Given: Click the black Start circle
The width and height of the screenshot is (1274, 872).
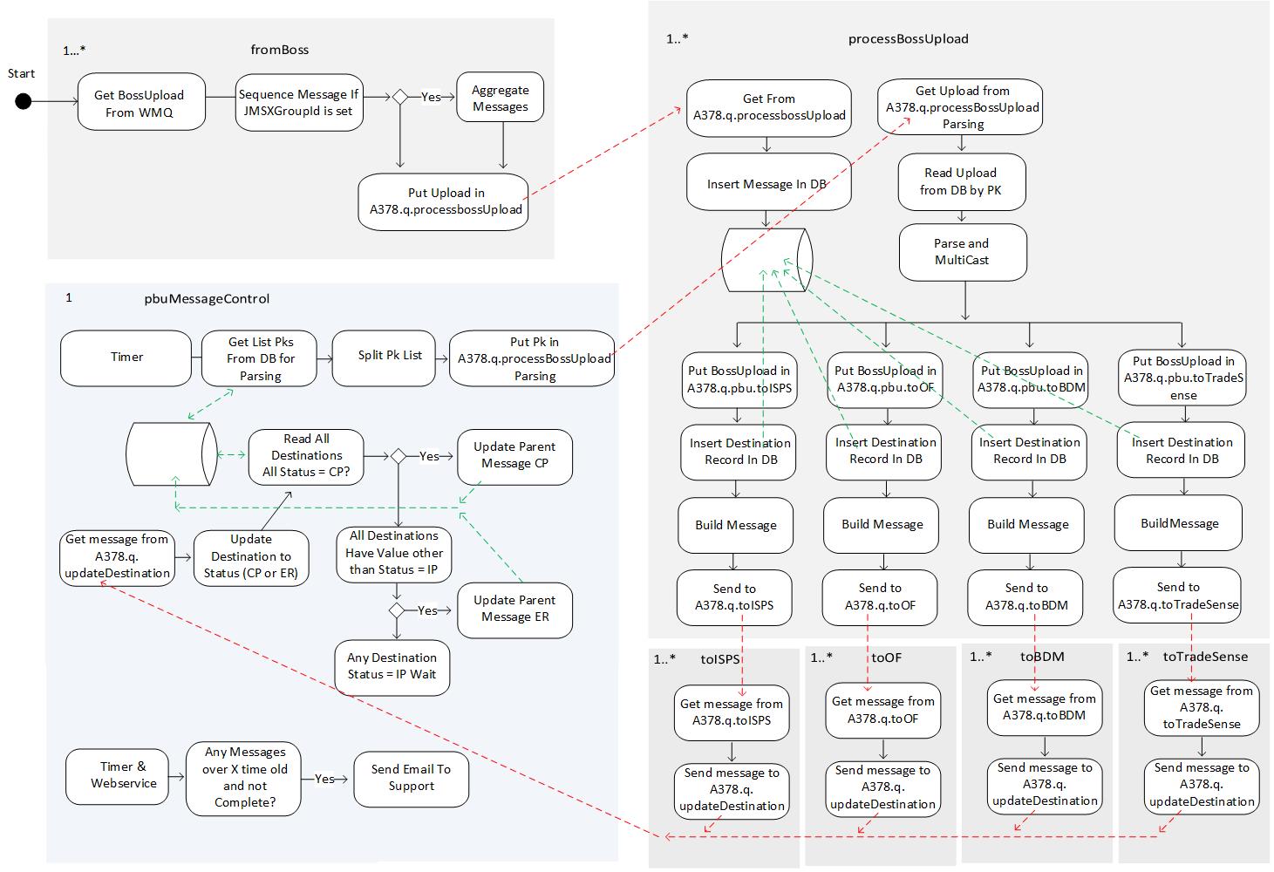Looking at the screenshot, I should pos(24,102).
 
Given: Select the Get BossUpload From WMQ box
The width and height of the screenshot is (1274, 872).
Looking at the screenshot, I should pos(140,104).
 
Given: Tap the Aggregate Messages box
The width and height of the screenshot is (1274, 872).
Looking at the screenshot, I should pos(501,98).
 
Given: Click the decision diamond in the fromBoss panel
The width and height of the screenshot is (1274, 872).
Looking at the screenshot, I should pos(400,98).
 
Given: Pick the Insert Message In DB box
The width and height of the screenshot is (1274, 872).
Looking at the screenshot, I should pos(767,184).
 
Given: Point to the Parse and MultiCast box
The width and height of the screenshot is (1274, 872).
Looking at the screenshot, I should pos(963,252).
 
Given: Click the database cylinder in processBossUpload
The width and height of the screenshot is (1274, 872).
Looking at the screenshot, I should pos(766,260).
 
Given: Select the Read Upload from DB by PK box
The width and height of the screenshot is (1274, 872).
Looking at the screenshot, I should pos(961,181).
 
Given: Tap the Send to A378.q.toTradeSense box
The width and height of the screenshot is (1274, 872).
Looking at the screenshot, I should pos(1178,596).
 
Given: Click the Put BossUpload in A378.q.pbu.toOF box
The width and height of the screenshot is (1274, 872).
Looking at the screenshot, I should pos(886,379).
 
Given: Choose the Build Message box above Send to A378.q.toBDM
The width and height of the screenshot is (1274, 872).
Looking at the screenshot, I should pos(1028,525).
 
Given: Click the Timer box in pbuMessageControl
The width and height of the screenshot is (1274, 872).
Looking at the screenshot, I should pos(126,358).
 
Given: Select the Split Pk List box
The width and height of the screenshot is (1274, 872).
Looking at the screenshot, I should pos(390,356).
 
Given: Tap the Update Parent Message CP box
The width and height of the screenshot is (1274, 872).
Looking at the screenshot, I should pos(514,455).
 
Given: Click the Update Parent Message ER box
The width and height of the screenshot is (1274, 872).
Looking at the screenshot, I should pos(514,609).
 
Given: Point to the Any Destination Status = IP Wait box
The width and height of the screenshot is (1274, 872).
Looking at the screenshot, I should pos(392,666).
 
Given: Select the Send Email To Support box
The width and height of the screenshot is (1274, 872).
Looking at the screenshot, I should pos(412,778).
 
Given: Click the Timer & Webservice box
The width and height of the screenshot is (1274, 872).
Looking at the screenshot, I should pos(124,775).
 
